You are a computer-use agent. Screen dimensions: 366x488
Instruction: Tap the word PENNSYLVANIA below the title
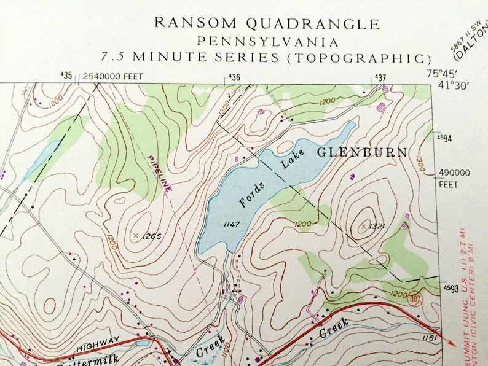(267, 42)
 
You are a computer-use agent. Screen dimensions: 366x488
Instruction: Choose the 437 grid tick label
(380, 77)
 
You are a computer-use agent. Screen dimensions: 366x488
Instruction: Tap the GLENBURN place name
(362, 152)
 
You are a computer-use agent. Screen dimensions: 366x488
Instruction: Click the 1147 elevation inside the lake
(232, 224)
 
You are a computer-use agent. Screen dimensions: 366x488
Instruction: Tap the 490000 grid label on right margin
(454, 173)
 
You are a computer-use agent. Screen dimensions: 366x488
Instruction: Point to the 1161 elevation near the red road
(430, 337)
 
